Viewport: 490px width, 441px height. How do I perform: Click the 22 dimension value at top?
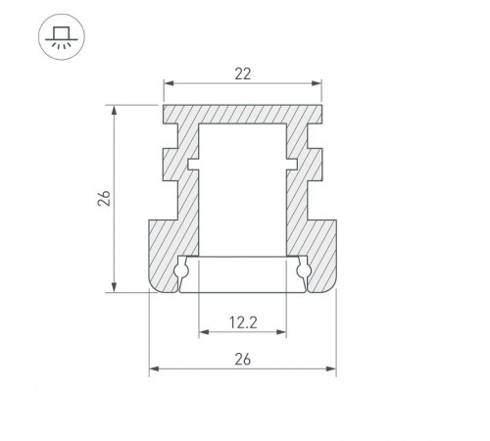coord(243,73)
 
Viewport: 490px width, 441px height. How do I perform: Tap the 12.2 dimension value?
coord(243,322)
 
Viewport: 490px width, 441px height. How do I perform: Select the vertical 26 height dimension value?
coord(104,198)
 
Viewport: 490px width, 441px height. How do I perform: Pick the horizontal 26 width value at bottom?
coord(243,360)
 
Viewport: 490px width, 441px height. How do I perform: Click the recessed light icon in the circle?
coord(62,37)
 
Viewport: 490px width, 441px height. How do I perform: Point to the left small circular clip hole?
coord(180,270)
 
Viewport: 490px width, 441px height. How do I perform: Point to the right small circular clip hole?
coord(304,270)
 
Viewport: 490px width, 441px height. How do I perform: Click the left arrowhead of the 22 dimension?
coord(169,83)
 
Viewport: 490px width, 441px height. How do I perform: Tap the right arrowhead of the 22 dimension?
coord(317,83)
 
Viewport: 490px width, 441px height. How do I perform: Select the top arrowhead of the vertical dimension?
coord(114,111)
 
